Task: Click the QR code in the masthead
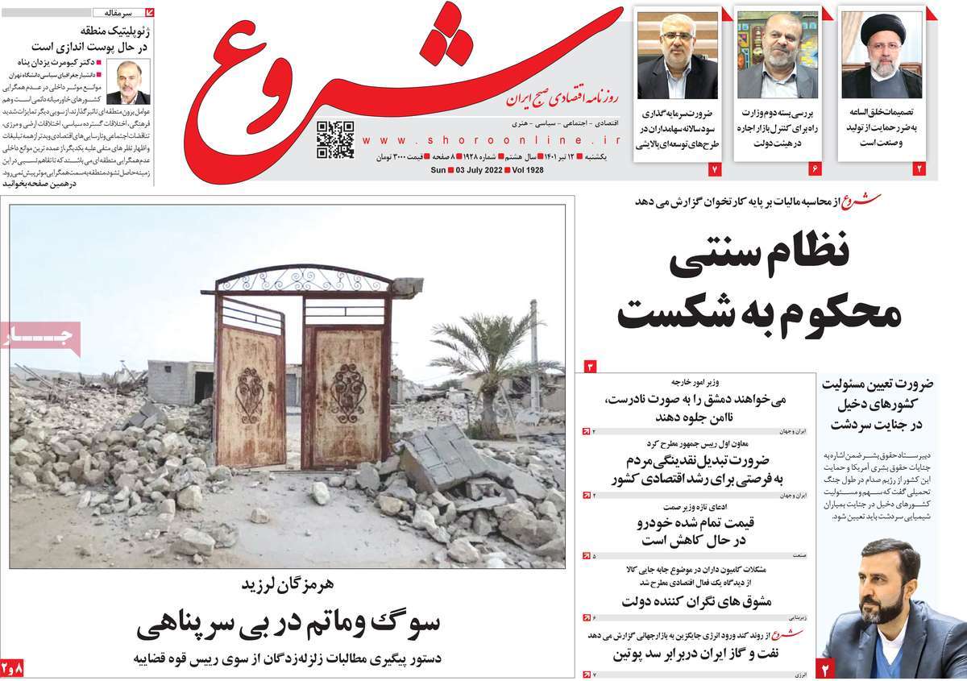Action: tap(334, 139)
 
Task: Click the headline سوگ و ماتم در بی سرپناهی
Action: tap(288, 625)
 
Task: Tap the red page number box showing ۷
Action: tap(713, 169)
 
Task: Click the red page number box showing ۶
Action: tap(814, 169)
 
